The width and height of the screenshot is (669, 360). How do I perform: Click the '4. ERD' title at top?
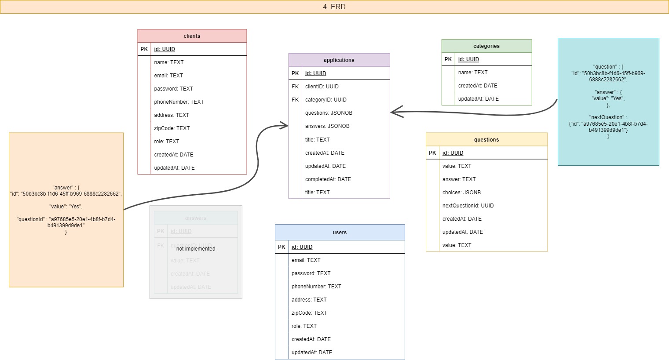click(334, 7)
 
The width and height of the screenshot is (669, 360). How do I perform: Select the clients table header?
click(192, 36)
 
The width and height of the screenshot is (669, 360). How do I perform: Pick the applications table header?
click(339, 60)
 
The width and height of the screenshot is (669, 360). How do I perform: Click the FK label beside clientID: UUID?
click(295, 87)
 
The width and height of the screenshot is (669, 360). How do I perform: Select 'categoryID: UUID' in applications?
click(325, 100)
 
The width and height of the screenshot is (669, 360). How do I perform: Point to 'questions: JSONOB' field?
click(329, 113)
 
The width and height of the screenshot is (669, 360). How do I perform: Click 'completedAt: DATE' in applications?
click(328, 179)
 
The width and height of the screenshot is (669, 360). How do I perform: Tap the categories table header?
click(486, 46)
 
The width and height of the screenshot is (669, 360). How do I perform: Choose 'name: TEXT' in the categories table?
click(472, 73)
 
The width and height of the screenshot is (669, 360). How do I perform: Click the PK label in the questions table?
click(432, 153)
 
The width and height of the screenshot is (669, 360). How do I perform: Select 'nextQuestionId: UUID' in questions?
click(468, 206)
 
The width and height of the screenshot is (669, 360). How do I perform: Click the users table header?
click(340, 233)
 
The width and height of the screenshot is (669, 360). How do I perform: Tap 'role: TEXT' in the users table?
click(304, 326)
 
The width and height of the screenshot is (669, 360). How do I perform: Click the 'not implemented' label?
click(196, 249)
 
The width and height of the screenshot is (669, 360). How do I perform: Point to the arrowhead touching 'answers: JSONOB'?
click(283, 126)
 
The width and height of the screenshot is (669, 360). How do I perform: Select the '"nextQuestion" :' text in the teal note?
click(608, 117)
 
